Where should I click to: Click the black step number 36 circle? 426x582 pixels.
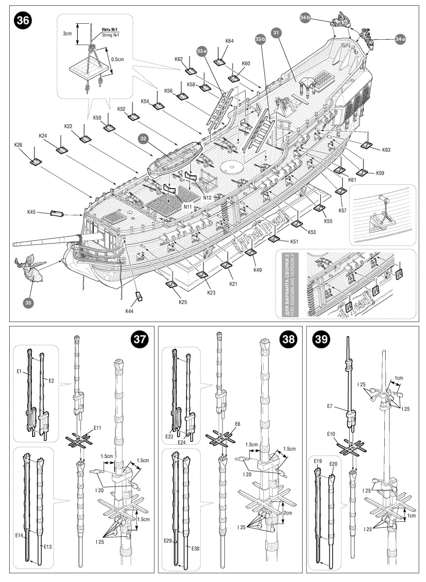pos(23,21)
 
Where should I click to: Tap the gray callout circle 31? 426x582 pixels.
pos(276,33)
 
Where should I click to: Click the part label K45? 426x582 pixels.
pos(33,211)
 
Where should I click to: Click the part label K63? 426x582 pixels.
pos(386,150)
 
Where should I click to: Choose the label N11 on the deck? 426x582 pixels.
pos(187,206)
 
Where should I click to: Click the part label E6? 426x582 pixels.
pos(238,424)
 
